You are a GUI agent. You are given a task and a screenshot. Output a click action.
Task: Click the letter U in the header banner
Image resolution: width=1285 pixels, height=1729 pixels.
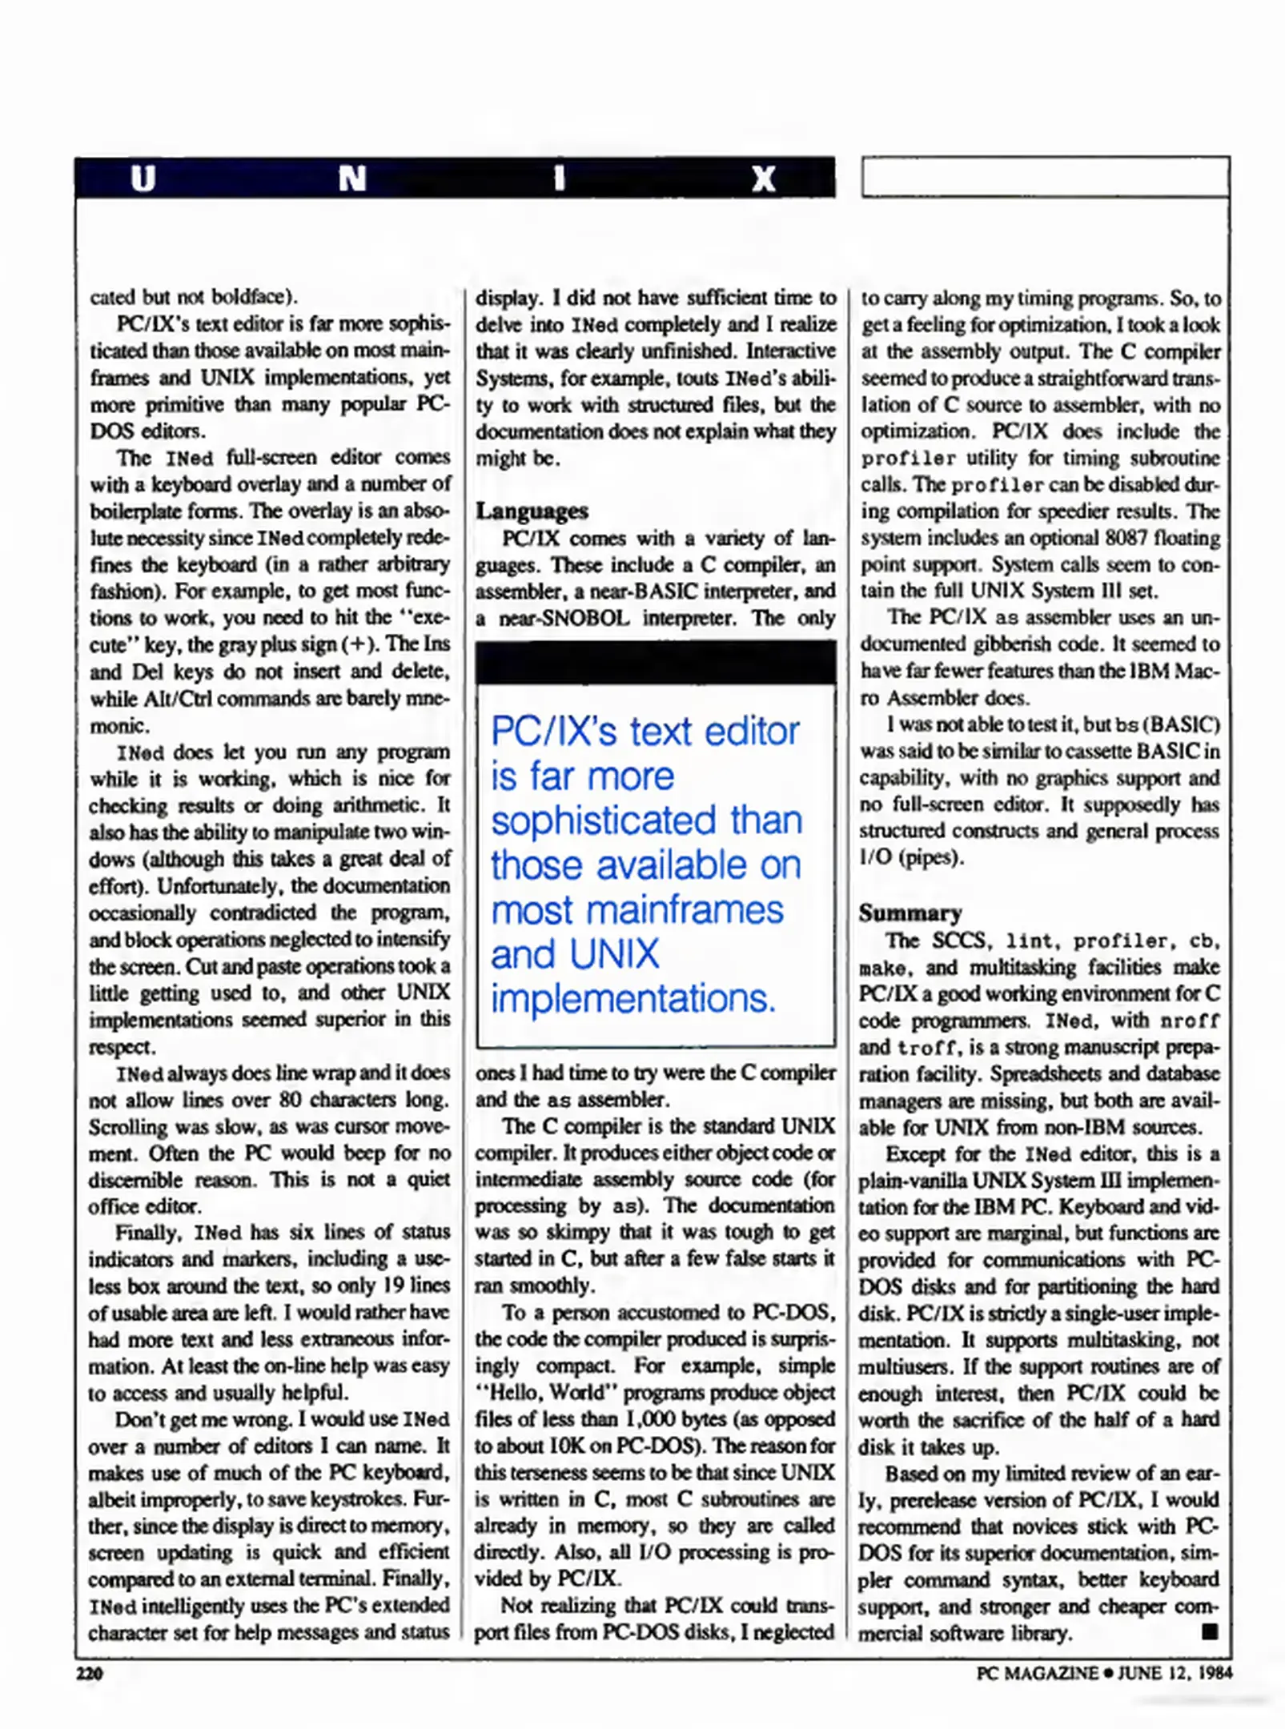point(143,179)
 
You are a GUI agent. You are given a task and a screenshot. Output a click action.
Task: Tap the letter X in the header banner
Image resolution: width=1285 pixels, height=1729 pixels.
point(763,179)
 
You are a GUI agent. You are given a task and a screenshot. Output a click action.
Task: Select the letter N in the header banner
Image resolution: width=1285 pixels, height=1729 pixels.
point(351,179)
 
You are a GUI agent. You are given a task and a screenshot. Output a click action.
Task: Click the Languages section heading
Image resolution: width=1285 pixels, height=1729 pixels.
point(532,511)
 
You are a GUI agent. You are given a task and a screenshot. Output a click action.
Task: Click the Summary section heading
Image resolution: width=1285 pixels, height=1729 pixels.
point(910,913)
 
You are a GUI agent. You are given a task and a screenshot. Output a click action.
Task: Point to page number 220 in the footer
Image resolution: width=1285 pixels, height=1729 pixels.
point(90,1673)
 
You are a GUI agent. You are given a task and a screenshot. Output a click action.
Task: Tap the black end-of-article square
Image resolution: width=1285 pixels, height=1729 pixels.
point(1210,1631)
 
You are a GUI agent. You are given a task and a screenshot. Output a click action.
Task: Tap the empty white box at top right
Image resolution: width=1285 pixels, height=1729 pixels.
point(1045,177)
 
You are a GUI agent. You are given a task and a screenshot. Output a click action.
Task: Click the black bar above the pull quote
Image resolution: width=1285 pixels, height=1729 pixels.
point(655,663)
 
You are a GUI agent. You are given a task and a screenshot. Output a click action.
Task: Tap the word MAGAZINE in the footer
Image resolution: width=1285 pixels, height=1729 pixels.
point(1049,1673)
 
